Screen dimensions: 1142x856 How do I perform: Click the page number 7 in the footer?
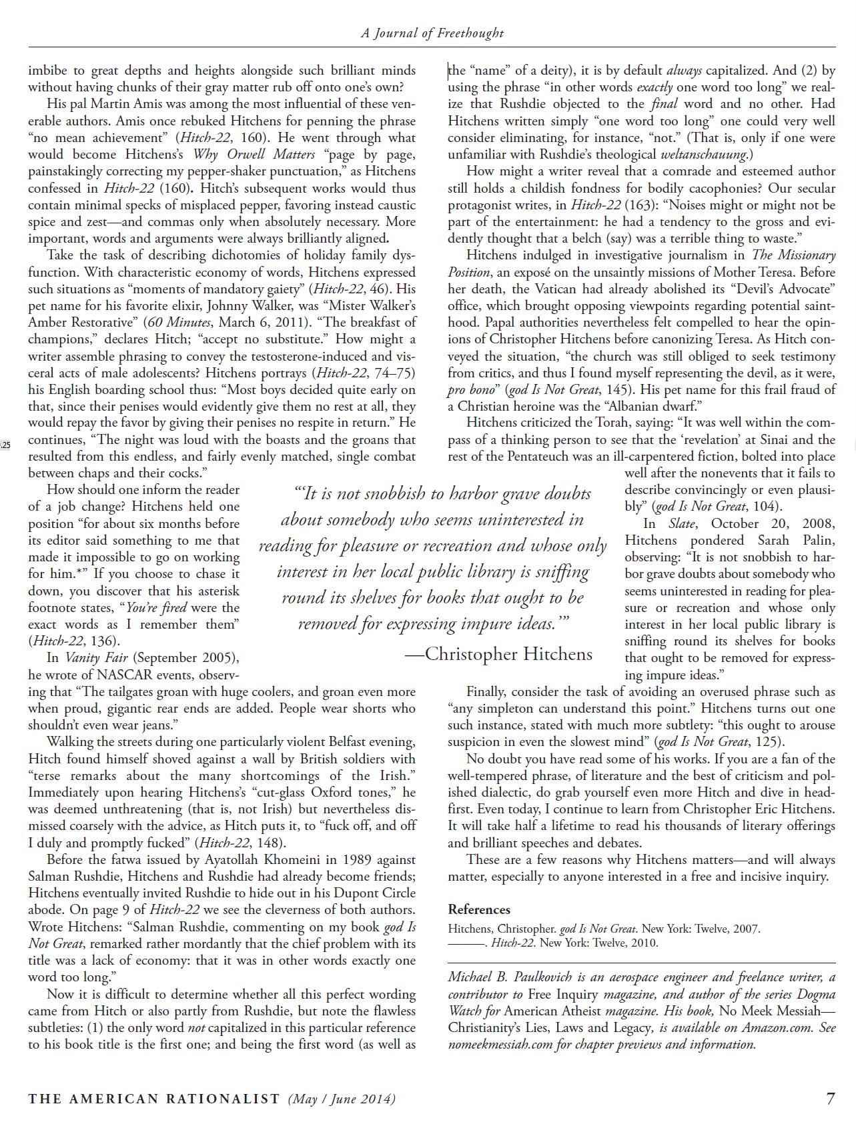830,1098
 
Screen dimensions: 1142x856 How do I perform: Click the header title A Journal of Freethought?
432,33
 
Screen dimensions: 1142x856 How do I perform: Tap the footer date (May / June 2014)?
342,1099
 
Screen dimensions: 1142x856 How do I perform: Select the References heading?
479,909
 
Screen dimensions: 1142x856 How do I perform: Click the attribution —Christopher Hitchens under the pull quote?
499,654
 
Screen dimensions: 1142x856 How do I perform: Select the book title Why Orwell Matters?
254,155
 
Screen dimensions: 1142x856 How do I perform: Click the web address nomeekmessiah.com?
500,1044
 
